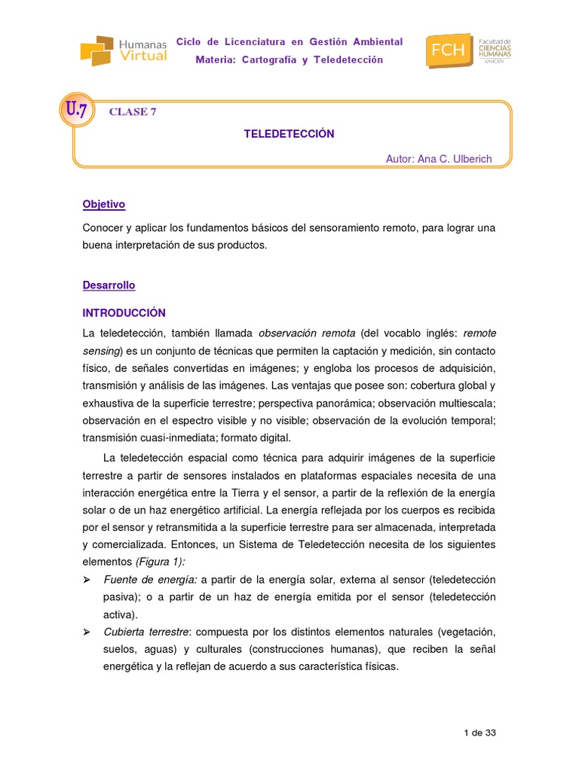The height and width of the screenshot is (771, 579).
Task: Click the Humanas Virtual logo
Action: click(x=124, y=50)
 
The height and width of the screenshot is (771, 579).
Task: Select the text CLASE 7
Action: click(x=133, y=112)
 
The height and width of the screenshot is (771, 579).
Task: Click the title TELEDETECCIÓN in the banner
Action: click(x=289, y=134)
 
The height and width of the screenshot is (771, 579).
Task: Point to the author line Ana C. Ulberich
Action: click(x=438, y=159)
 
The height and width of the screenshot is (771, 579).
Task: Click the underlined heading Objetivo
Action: click(x=103, y=204)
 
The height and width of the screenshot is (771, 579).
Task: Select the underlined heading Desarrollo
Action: click(x=109, y=285)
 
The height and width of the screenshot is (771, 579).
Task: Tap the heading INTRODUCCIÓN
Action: click(x=124, y=312)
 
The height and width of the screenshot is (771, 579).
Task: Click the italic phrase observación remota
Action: click(x=306, y=333)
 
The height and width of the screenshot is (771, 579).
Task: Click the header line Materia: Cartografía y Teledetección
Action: click(x=289, y=59)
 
